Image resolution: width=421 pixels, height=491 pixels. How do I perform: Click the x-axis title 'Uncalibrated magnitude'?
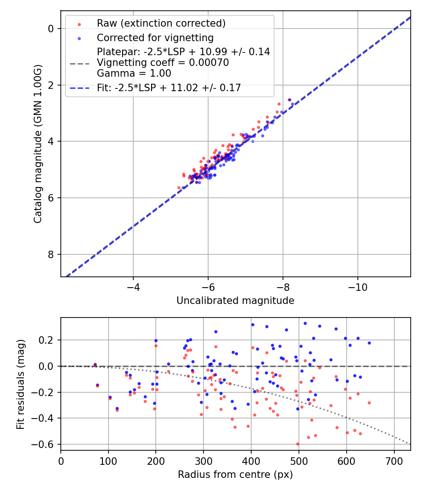click(235, 301)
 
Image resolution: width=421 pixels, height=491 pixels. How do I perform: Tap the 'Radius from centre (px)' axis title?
click(235, 474)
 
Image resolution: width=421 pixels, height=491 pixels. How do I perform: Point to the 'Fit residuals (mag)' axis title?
click(20, 384)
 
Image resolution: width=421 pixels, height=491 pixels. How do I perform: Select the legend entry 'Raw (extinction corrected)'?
click(161, 23)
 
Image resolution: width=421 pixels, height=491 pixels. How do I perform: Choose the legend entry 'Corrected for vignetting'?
click(155, 38)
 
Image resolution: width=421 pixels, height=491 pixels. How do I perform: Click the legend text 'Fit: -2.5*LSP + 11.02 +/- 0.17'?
click(169, 88)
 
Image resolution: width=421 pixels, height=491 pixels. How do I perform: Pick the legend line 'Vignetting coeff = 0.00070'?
click(163, 63)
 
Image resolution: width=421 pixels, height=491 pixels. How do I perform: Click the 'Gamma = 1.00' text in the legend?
click(134, 73)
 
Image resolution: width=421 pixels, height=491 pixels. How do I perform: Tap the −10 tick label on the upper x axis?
click(357, 285)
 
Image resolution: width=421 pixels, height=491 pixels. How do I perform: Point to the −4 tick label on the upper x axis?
click(133, 285)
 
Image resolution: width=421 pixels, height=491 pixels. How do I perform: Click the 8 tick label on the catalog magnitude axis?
click(51, 255)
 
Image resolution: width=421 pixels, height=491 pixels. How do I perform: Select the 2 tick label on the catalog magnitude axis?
click(51, 85)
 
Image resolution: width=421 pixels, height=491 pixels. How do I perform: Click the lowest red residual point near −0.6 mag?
click(298, 444)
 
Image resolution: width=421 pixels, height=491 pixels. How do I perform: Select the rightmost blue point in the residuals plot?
click(369, 343)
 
